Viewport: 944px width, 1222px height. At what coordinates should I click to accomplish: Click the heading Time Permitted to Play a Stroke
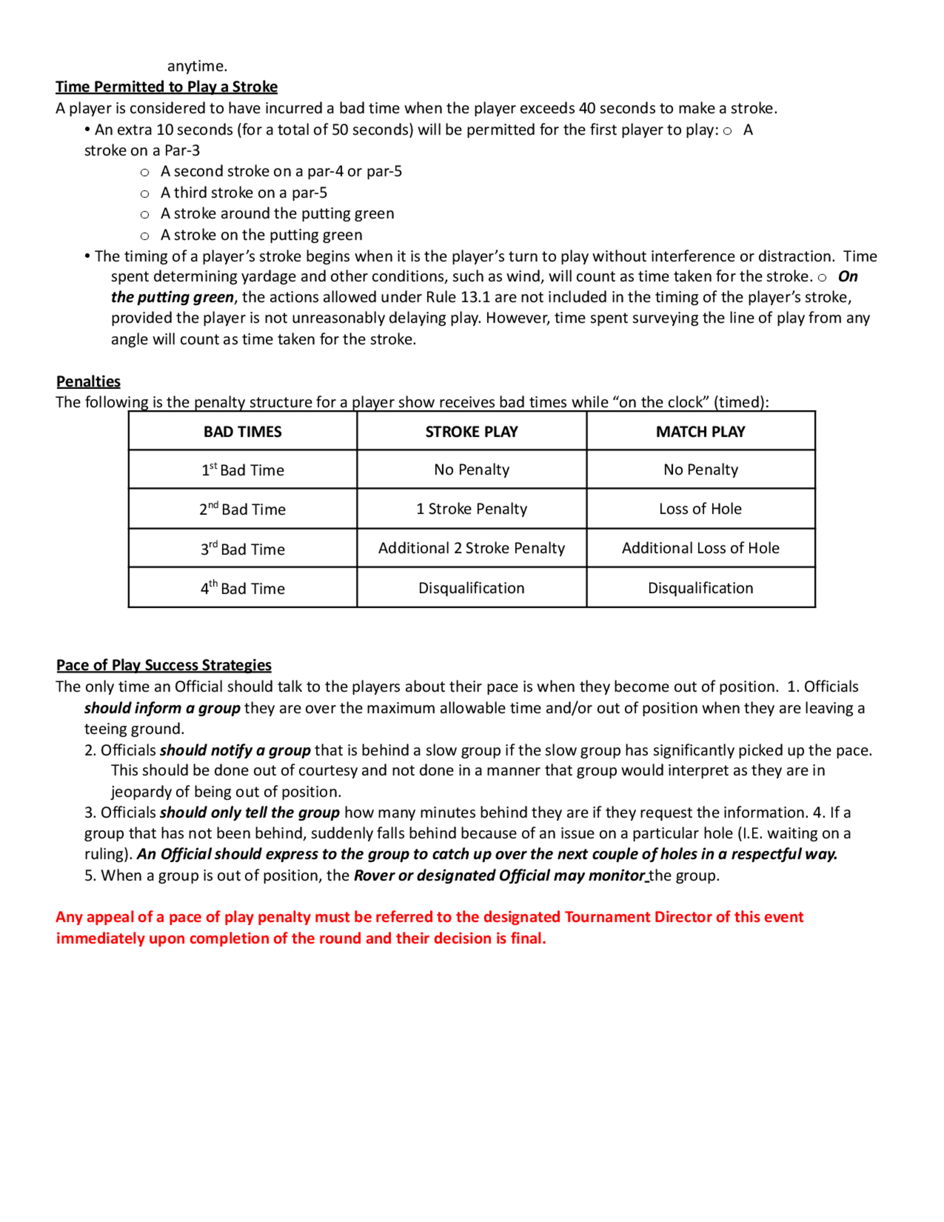click(166, 87)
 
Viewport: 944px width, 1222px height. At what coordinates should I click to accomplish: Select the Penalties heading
click(88, 382)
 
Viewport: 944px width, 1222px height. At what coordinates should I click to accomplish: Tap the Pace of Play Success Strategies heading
click(163, 665)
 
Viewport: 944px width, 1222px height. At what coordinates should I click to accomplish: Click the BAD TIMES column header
click(242, 432)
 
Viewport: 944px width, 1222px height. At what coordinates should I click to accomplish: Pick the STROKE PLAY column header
click(472, 432)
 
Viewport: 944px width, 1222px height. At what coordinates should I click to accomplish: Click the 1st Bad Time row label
click(242, 470)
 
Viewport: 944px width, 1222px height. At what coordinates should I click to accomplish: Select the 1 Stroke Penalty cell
click(472, 509)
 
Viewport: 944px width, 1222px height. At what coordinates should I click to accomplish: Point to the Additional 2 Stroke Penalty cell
click(472, 548)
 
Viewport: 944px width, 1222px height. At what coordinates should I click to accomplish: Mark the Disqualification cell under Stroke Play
click(472, 588)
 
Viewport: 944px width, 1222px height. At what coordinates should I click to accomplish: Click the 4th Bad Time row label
click(242, 588)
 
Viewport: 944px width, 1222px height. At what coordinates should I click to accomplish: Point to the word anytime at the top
click(197, 66)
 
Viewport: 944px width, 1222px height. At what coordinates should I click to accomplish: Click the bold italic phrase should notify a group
click(235, 750)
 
